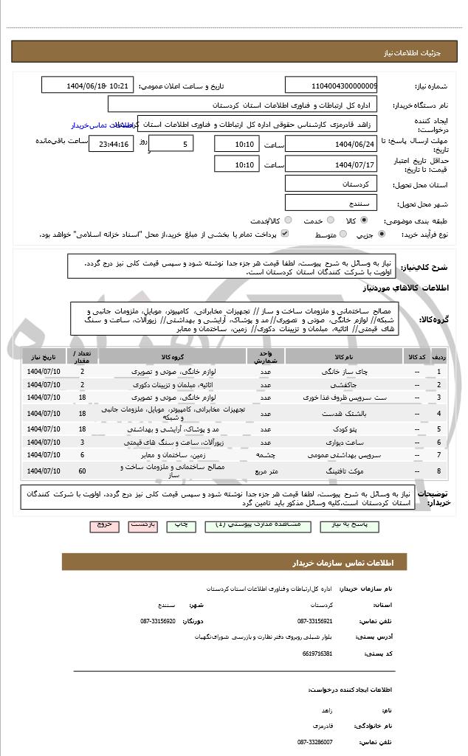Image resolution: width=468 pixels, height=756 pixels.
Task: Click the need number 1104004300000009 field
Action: point(331,86)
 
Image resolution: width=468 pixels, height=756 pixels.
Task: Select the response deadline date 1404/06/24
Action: point(331,143)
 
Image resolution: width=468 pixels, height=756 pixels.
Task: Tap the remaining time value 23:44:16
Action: point(111,144)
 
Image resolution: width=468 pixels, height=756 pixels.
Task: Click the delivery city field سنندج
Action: point(331,202)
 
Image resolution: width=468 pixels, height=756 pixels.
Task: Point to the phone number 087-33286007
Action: point(315,743)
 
